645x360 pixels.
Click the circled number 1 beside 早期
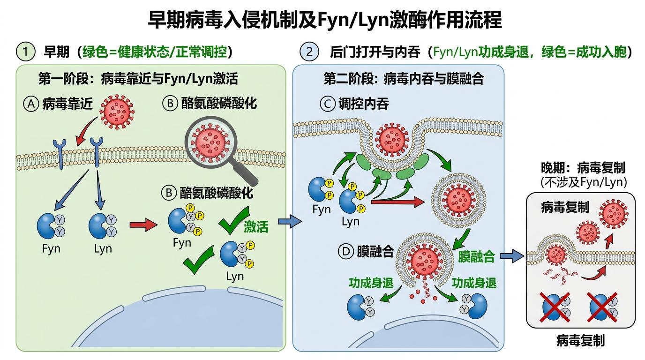(x=26, y=51)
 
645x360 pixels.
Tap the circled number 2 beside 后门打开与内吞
(x=309, y=51)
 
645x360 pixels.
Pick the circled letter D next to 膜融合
(x=345, y=252)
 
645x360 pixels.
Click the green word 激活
(x=256, y=227)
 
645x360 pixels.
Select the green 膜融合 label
(x=476, y=256)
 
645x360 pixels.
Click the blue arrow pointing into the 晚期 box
(x=510, y=256)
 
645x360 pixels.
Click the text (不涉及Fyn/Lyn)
(x=584, y=182)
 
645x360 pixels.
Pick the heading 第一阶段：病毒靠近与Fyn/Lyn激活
(x=138, y=79)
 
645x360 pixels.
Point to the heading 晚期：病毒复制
(x=584, y=168)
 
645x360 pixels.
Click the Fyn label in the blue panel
(x=322, y=210)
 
